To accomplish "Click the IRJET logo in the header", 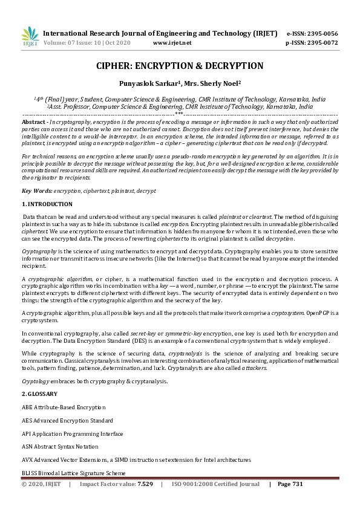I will [29, 37].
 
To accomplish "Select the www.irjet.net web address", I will [172, 43].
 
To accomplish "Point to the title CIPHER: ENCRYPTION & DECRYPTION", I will [180, 66].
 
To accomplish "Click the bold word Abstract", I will [33, 122].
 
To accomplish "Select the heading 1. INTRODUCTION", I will [47, 204].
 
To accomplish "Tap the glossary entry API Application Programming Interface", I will [72, 433].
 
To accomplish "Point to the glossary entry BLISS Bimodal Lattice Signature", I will [73, 473].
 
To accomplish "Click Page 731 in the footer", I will [290, 484].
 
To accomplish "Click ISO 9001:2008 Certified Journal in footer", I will [215, 484].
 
